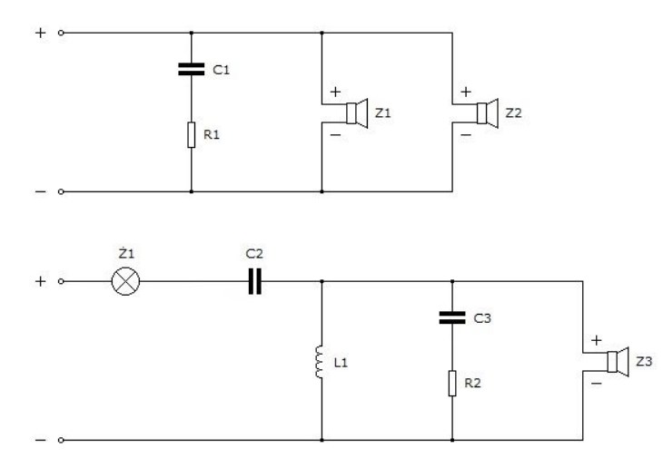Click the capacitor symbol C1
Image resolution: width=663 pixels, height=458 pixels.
click(191, 69)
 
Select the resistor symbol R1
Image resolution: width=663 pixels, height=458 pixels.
click(191, 135)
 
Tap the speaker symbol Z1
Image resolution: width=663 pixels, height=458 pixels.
click(357, 113)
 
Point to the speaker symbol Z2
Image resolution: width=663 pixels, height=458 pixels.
click(488, 113)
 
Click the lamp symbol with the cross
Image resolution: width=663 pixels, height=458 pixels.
click(125, 281)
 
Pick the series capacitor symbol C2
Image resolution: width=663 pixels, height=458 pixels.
click(254, 281)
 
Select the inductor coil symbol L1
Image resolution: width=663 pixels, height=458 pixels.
click(320, 362)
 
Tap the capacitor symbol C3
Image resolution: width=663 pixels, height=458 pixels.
click(452, 317)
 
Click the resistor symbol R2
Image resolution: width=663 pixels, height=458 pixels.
click(452, 384)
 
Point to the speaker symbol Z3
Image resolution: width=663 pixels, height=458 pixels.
click(618, 362)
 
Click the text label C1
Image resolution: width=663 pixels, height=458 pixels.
click(221, 70)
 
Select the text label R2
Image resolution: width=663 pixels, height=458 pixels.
click(472, 383)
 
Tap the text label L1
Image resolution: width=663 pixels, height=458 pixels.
click(341, 363)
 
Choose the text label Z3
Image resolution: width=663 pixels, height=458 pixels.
click(644, 361)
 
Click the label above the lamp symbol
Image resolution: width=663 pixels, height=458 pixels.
click(126, 253)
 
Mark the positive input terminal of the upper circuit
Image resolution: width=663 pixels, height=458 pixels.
click(61, 33)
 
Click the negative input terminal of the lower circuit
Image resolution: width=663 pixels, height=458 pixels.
click(61, 440)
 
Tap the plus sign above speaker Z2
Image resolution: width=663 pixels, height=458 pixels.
click(466, 92)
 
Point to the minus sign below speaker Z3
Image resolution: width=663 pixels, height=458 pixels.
click(596, 384)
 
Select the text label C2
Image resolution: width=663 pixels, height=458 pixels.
click(254, 254)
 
